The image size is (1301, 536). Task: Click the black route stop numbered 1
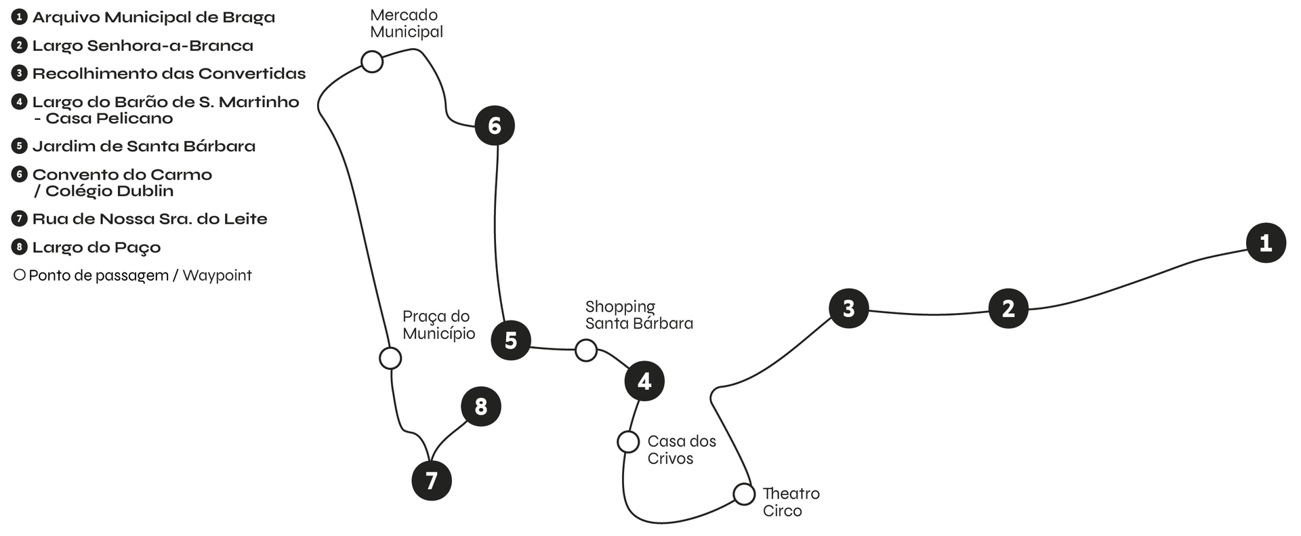1265,243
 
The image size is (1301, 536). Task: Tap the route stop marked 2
1008,308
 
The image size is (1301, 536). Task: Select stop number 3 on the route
848,308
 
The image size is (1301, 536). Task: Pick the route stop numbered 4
644,381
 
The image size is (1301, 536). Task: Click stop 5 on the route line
510,339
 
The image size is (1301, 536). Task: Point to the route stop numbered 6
494,125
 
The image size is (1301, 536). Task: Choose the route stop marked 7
431,480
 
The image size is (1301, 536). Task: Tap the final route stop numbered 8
480,407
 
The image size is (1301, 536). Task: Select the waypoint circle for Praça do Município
390,358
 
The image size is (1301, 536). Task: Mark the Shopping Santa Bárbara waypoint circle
585,350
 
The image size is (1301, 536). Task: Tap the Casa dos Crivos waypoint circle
628,442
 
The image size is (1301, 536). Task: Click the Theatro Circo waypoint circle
743,494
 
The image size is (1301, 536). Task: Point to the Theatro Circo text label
791,502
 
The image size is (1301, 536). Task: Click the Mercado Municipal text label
406,24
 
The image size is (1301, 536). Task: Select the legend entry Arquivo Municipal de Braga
154,18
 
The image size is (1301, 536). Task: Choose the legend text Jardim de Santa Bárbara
144,146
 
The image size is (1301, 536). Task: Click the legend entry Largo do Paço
96,247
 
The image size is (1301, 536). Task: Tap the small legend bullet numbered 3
20,73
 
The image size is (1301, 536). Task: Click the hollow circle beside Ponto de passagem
20,275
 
